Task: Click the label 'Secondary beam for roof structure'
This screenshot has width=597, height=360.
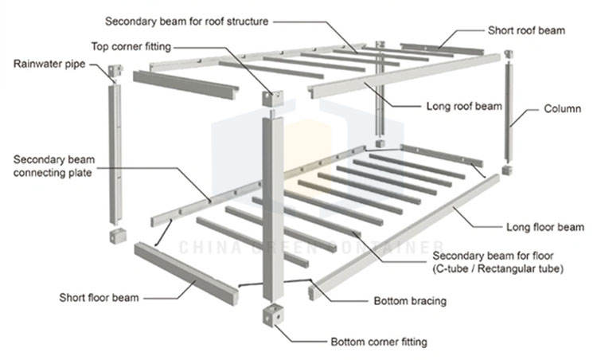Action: (x=186, y=22)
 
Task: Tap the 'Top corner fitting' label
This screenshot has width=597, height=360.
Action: (x=131, y=46)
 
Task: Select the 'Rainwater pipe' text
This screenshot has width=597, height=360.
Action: (x=49, y=64)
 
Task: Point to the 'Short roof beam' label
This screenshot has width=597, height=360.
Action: (x=527, y=30)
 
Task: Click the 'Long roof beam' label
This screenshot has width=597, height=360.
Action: (x=464, y=106)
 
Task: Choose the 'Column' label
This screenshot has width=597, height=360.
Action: (x=562, y=108)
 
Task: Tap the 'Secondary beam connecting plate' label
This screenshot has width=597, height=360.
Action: (x=53, y=166)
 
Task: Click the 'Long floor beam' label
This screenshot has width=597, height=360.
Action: (x=544, y=227)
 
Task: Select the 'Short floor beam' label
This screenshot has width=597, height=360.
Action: (x=99, y=298)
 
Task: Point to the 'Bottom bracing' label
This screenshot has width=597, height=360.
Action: (x=410, y=301)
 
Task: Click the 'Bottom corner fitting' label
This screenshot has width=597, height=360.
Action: (x=379, y=342)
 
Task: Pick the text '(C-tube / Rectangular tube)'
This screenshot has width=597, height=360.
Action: (x=498, y=268)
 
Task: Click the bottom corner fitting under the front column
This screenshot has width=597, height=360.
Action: (x=273, y=315)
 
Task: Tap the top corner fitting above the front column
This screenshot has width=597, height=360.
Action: (x=272, y=98)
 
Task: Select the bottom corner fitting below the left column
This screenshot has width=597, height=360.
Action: (x=118, y=236)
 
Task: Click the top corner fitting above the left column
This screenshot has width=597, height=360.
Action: (x=115, y=71)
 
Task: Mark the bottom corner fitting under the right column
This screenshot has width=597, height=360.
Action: (x=507, y=170)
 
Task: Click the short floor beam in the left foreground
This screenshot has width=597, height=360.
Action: (x=186, y=273)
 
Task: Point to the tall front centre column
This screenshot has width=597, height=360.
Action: (x=273, y=208)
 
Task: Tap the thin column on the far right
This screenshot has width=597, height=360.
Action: (x=509, y=112)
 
